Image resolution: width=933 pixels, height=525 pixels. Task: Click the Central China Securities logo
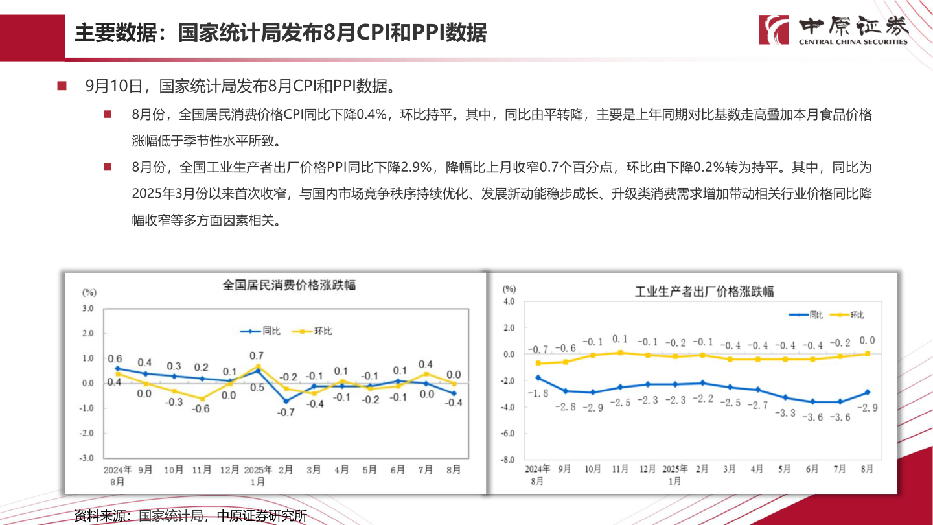(x=833, y=30)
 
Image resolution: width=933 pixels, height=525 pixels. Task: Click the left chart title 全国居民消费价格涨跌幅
(x=289, y=285)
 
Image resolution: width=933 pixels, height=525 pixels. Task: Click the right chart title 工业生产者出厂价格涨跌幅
(x=704, y=291)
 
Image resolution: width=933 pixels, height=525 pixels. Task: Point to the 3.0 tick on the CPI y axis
(x=87, y=309)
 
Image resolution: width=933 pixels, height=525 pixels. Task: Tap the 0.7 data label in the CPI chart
(x=257, y=355)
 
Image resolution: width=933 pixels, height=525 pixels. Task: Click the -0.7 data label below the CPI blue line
(x=286, y=412)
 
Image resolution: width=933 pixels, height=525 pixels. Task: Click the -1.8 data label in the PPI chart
(x=537, y=393)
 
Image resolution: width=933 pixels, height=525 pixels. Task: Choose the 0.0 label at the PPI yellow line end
(x=867, y=340)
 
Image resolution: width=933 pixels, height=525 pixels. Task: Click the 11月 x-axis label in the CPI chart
(x=202, y=470)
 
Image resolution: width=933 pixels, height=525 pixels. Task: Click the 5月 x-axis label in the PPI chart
(x=785, y=468)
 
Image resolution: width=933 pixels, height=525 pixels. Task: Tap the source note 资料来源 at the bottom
(x=190, y=516)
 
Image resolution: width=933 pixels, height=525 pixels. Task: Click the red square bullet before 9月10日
(x=62, y=86)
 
